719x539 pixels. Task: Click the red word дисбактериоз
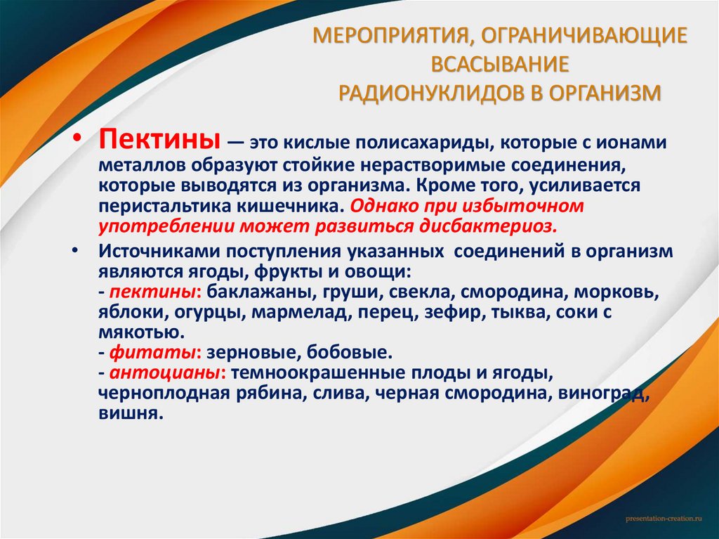pos(490,226)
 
